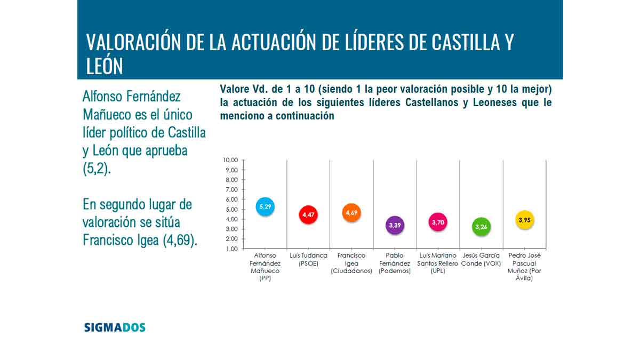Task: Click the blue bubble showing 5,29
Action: coord(265,205)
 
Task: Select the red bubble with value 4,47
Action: coord(308,214)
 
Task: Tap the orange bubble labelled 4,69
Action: coord(351,212)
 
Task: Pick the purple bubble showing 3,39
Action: coord(395,225)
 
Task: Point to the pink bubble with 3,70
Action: coord(438,222)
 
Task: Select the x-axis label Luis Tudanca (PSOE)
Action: coord(308,259)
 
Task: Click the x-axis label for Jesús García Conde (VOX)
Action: coord(481,259)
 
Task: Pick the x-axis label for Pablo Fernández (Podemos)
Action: coord(395,263)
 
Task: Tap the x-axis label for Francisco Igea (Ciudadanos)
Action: coord(351,263)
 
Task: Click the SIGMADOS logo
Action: coord(115,327)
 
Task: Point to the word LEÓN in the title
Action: coord(105,66)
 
